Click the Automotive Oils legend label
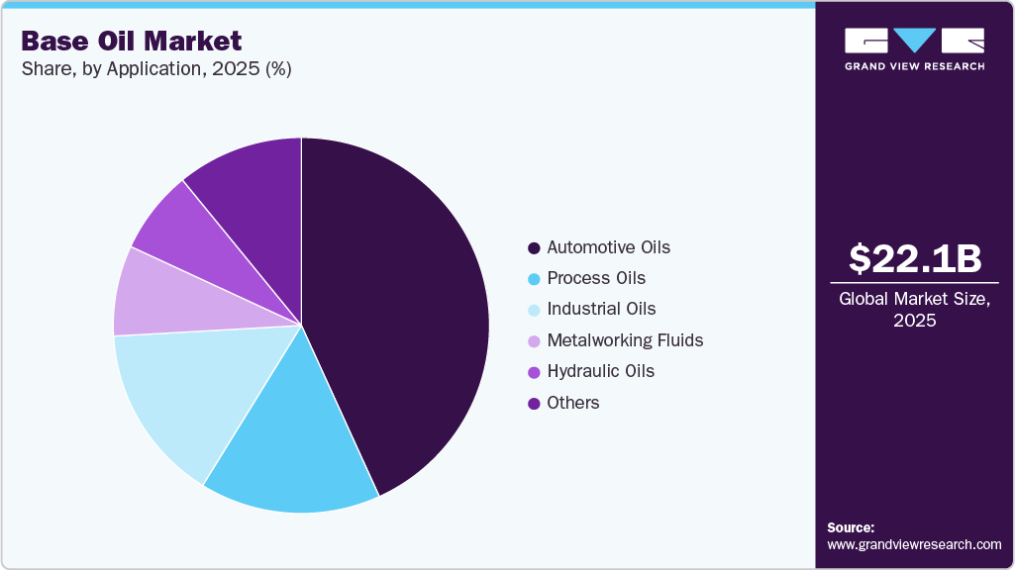tap(608, 247)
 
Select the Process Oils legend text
tap(596, 278)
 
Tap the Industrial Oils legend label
tap(601, 309)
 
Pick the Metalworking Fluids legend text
tap(625, 340)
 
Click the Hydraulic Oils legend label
tap(600, 371)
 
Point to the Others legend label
tap(573, 403)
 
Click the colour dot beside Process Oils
tap(534, 279)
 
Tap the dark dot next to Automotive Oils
tap(534, 248)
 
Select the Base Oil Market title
tap(132, 41)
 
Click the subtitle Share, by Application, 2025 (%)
tap(155, 69)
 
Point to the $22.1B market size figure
tap(915, 258)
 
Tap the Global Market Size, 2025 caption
tap(915, 309)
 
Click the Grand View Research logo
tap(914, 48)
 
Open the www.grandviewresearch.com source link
tap(914, 544)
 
